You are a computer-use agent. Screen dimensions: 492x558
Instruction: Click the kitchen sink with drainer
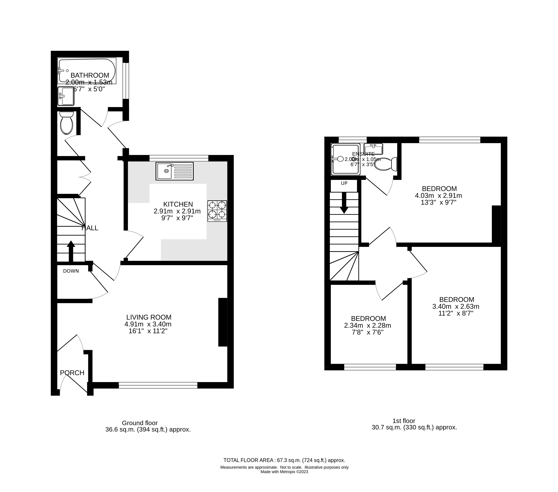click(x=174, y=171)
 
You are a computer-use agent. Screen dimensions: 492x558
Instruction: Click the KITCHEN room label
click(x=178, y=204)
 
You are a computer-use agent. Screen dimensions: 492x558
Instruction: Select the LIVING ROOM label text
click(x=149, y=317)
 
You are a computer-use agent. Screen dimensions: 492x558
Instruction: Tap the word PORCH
click(x=72, y=373)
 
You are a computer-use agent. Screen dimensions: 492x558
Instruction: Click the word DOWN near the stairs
click(x=71, y=271)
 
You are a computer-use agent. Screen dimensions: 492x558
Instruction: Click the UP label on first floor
click(x=344, y=183)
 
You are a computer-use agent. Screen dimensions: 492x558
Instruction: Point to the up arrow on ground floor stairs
click(x=71, y=251)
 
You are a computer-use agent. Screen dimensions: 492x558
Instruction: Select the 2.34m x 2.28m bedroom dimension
click(x=368, y=325)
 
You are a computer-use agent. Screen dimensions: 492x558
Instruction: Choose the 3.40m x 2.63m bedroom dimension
click(x=456, y=306)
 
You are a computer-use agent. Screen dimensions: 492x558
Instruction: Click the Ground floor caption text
click(x=140, y=423)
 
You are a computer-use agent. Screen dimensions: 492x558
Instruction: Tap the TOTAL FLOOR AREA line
click(x=284, y=460)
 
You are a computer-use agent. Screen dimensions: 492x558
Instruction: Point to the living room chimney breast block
click(x=223, y=322)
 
